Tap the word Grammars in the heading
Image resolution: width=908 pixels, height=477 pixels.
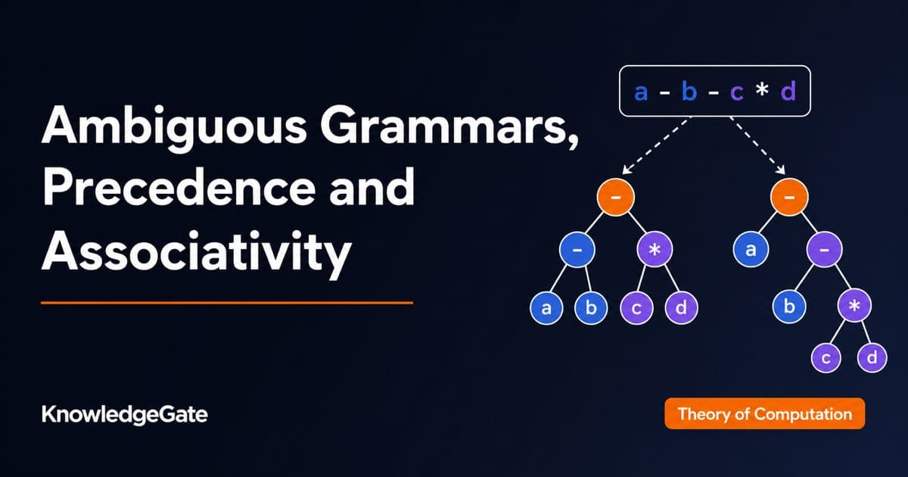coord(449,125)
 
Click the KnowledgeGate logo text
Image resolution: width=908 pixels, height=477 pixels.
coord(124,415)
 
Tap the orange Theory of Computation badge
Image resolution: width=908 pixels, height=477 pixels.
coord(764,413)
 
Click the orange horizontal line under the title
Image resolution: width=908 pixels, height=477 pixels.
coord(227,303)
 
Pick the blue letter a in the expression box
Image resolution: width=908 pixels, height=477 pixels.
coord(641,92)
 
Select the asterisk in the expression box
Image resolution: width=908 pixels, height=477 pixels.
coord(762,88)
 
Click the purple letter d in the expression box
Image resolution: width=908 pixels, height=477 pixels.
coord(788,92)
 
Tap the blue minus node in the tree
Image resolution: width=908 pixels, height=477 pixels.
coord(577,249)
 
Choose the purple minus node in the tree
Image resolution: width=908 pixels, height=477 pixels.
coord(824,249)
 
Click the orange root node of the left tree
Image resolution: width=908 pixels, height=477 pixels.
coord(615,197)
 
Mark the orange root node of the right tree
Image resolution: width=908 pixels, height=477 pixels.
coord(789,197)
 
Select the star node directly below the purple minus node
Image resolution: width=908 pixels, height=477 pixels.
coord(854,305)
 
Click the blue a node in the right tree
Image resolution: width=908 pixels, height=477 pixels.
coord(751,249)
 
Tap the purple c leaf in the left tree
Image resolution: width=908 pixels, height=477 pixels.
coord(636,308)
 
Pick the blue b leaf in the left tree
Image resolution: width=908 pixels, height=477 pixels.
coord(591,308)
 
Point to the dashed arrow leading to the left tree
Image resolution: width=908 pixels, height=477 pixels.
coord(656,145)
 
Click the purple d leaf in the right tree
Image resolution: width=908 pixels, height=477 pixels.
coord(872,357)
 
